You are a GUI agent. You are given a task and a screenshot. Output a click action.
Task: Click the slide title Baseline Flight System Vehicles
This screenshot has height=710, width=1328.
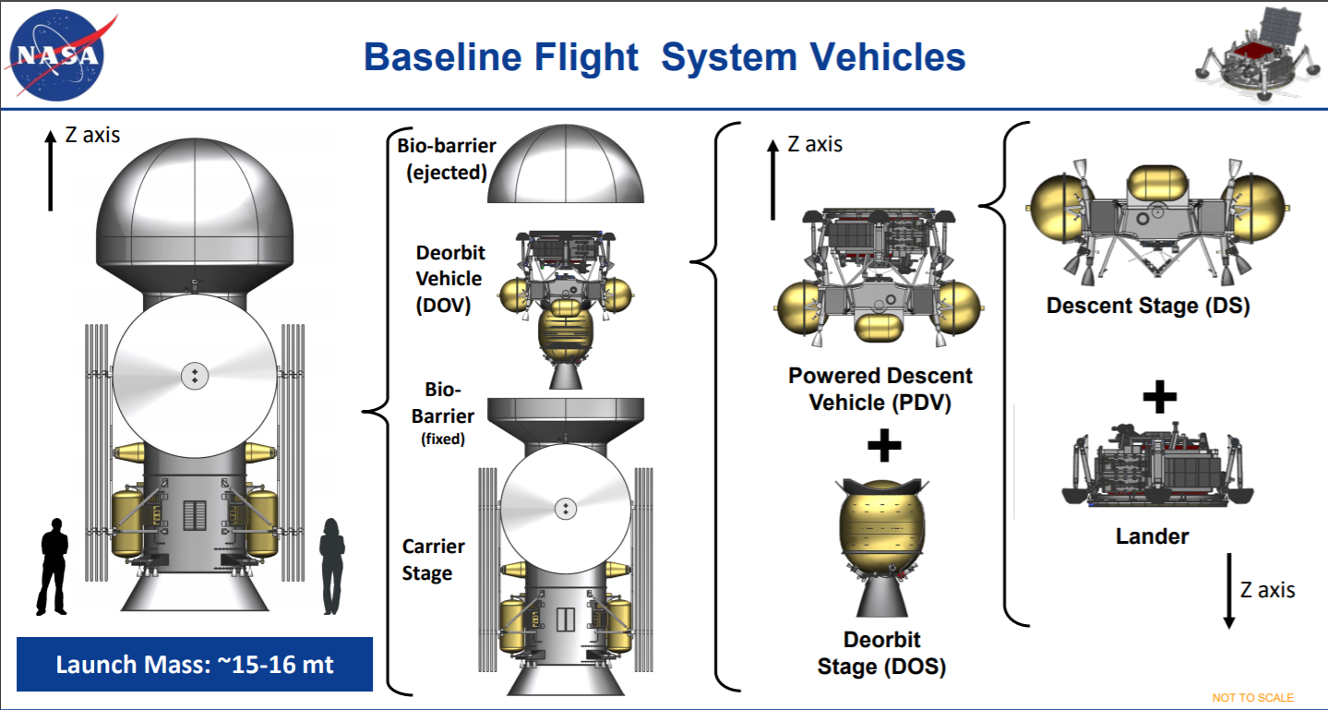click(x=664, y=57)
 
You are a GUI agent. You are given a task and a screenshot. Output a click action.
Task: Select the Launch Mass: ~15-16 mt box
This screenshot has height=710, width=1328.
click(x=194, y=665)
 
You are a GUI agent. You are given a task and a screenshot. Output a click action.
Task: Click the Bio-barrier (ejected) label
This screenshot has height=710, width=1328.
click(x=447, y=158)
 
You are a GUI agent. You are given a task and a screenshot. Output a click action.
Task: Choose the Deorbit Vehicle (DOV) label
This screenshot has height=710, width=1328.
click(x=449, y=279)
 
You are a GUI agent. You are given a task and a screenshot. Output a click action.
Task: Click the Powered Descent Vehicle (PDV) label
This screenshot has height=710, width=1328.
click(x=879, y=390)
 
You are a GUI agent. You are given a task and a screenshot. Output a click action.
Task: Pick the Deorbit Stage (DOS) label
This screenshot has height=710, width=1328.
click(x=881, y=653)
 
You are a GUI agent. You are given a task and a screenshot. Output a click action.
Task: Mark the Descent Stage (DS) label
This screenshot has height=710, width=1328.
click(x=1147, y=306)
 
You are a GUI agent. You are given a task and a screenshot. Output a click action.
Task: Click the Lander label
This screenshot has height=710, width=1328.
click(x=1153, y=536)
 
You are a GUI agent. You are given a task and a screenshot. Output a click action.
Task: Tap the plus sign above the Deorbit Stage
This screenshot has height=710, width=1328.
click(x=883, y=447)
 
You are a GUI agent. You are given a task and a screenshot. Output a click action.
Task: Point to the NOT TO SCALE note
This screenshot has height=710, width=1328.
click(x=1252, y=697)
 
